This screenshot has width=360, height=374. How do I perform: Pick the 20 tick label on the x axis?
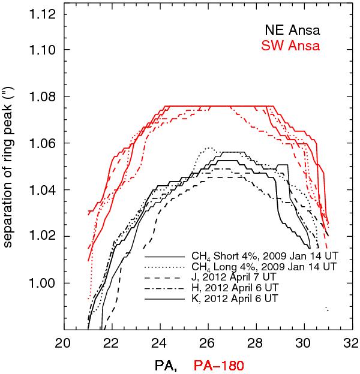pos(63,344)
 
